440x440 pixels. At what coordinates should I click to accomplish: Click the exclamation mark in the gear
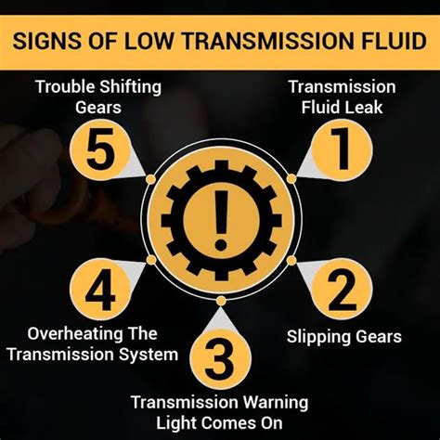220,221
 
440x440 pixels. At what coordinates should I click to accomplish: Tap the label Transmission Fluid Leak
343,97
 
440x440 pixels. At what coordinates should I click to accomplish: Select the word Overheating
73,334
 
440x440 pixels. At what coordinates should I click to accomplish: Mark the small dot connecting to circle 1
291,177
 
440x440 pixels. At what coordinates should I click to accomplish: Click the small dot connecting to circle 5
149,177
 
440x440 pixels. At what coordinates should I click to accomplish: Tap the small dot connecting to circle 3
220,301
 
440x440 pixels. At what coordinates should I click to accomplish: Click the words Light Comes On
220,421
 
